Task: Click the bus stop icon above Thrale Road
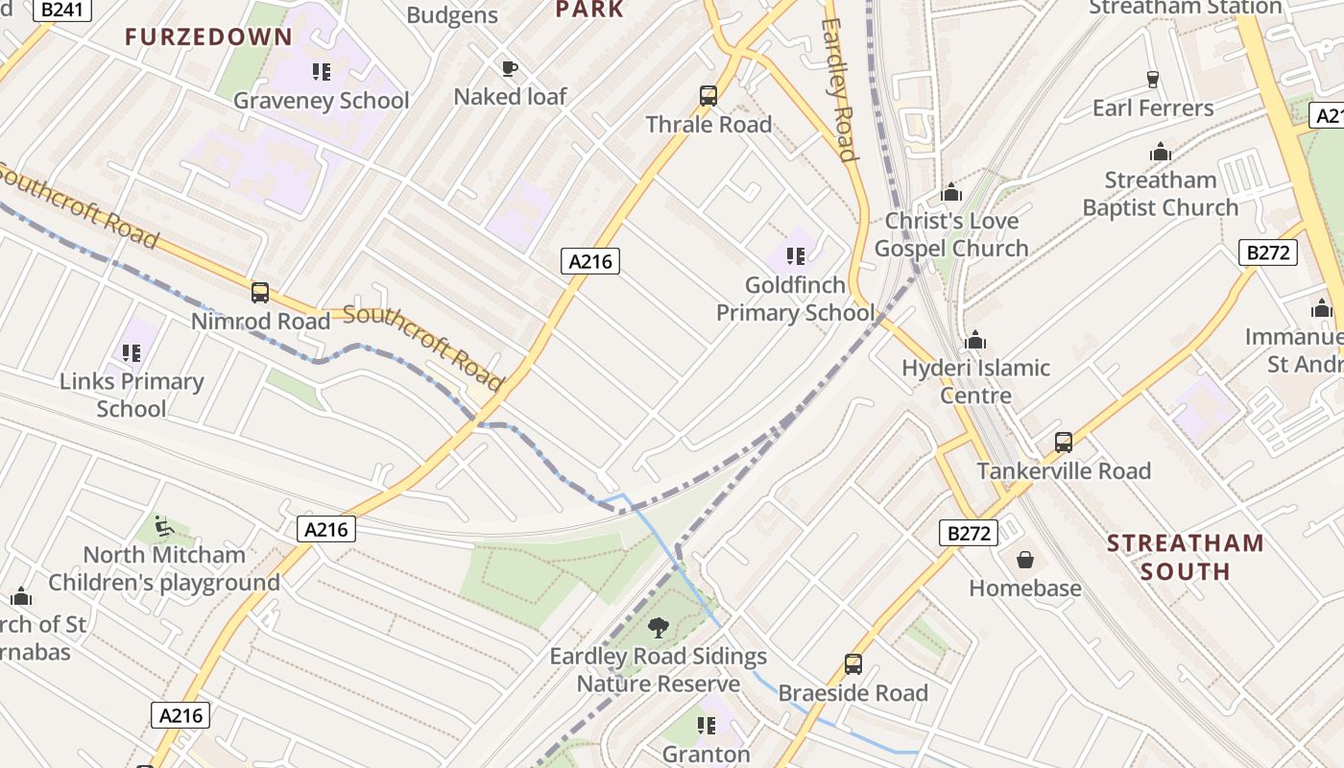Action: tap(708, 95)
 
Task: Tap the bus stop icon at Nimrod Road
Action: tap(259, 293)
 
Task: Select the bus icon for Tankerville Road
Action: tap(1064, 442)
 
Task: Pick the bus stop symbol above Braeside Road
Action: tap(852, 663)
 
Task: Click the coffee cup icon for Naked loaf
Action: tap(510, 68)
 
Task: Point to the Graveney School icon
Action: tap(322, 72)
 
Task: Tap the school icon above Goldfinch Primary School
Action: tap(795, 255)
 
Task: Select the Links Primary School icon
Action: tap(132, 353)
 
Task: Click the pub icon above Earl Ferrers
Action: tap(1153, 79)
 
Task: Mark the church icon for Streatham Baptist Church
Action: tap(1161, 152)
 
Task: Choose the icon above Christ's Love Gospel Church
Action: tap(951, 192)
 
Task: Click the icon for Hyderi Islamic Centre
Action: tap(975, 340)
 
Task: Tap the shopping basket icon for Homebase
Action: tap(1025, 560)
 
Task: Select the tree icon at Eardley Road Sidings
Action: tap(659, 628)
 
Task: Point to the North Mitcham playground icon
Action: tap(163, 526)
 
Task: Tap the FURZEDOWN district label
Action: tap(208, 37)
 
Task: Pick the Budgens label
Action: tap(452, 15)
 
